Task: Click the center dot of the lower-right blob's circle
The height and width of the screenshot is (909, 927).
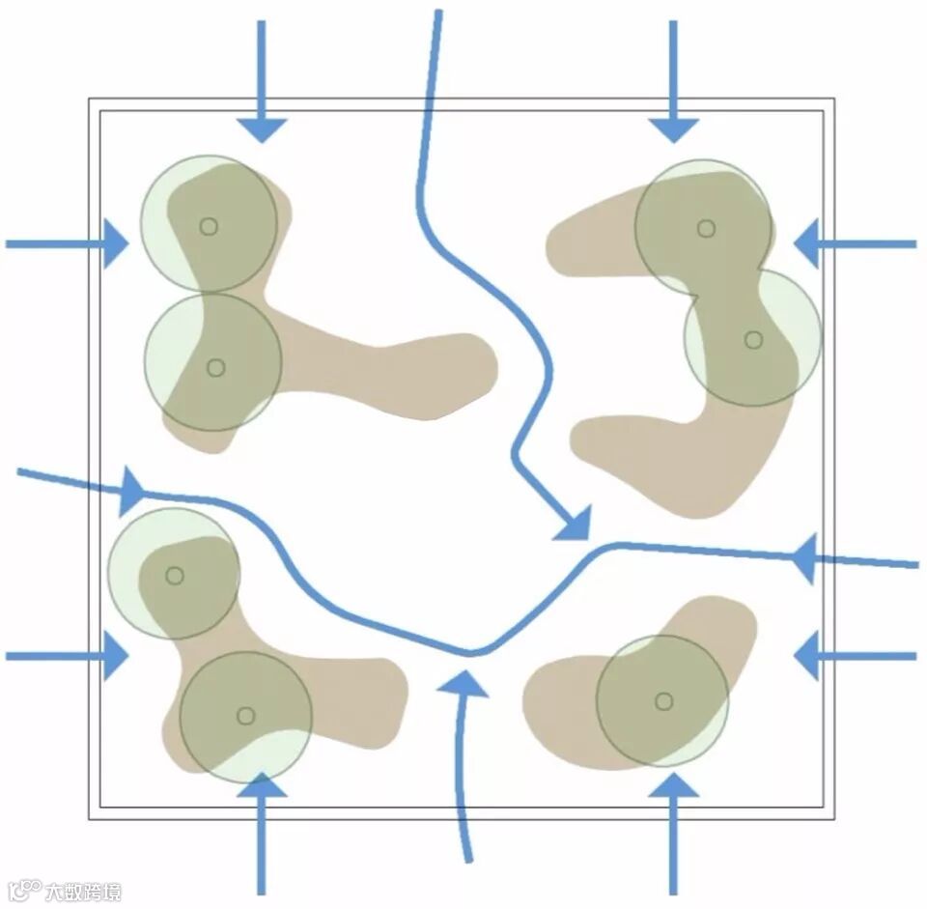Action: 663,701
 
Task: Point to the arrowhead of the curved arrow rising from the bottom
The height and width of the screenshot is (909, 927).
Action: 463,684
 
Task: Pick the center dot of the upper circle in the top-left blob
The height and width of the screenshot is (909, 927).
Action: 209,226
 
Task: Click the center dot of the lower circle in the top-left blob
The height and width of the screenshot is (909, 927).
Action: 215,368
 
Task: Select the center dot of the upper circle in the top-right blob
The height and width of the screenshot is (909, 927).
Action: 706,228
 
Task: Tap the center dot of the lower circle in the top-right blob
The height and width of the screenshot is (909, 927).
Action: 753,340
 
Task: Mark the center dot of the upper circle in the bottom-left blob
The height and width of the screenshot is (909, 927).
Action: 174,576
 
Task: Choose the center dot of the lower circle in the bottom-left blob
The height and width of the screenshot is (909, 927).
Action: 245,716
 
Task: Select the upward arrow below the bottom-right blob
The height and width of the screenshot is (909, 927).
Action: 673,787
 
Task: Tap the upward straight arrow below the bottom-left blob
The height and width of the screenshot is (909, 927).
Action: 261,787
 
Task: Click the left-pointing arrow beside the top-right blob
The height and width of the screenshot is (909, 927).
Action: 809,243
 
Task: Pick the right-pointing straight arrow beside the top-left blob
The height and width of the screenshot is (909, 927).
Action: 114,243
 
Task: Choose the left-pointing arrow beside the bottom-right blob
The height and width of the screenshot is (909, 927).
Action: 809,656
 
